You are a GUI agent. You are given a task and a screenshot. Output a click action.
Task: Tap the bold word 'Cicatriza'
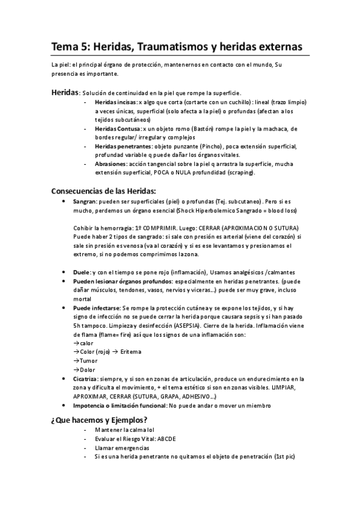pos(88,379)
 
